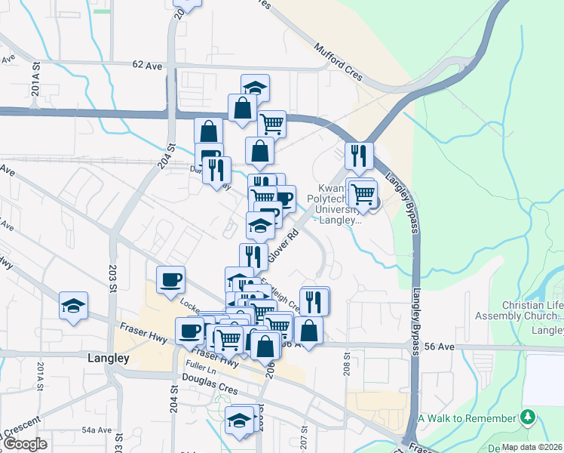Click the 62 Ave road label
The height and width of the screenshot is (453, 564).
[x=147, y=66]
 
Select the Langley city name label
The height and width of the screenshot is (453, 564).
[x=109, y=359]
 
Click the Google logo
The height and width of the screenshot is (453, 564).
[x=25, y=444]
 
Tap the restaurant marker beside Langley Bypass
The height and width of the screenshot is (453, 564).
[x=359, y=156]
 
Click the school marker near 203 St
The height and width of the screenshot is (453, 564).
[x=73, y=306]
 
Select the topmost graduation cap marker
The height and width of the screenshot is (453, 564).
[x=255, y=88]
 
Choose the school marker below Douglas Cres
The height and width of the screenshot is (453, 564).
[x=239, y=420]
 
